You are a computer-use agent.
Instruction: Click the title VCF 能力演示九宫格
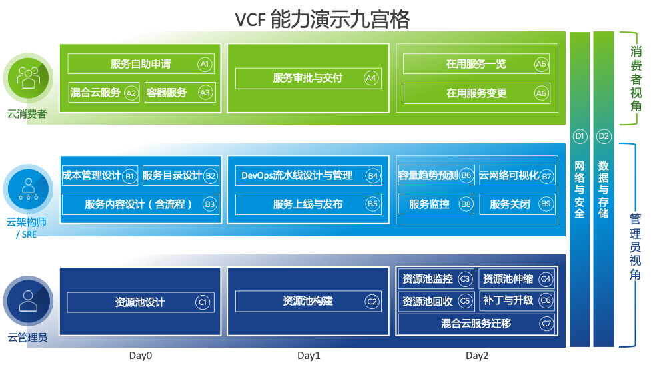[322, 19]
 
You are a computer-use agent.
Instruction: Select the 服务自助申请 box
[141, 64]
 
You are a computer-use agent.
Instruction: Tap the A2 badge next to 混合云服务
[131, 93]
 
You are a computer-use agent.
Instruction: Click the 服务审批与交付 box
[308, 78]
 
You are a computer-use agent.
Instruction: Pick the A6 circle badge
[541, 93]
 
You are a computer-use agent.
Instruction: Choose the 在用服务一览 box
[476, 64]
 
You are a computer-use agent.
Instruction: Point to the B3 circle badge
[210, 204]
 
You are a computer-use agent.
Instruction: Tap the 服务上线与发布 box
[308, 204]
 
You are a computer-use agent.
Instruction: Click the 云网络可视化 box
[509, 176]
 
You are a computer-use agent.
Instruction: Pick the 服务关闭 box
[510, 204]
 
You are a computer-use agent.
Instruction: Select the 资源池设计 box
[140, 302]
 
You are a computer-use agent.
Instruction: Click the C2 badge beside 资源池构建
[372, 302]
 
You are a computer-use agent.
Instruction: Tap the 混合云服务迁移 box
[476, 324]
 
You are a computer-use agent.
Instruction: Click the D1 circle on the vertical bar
[580, 136]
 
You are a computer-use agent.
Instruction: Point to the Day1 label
[309, 356]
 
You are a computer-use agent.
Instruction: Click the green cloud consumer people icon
[27, 77]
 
